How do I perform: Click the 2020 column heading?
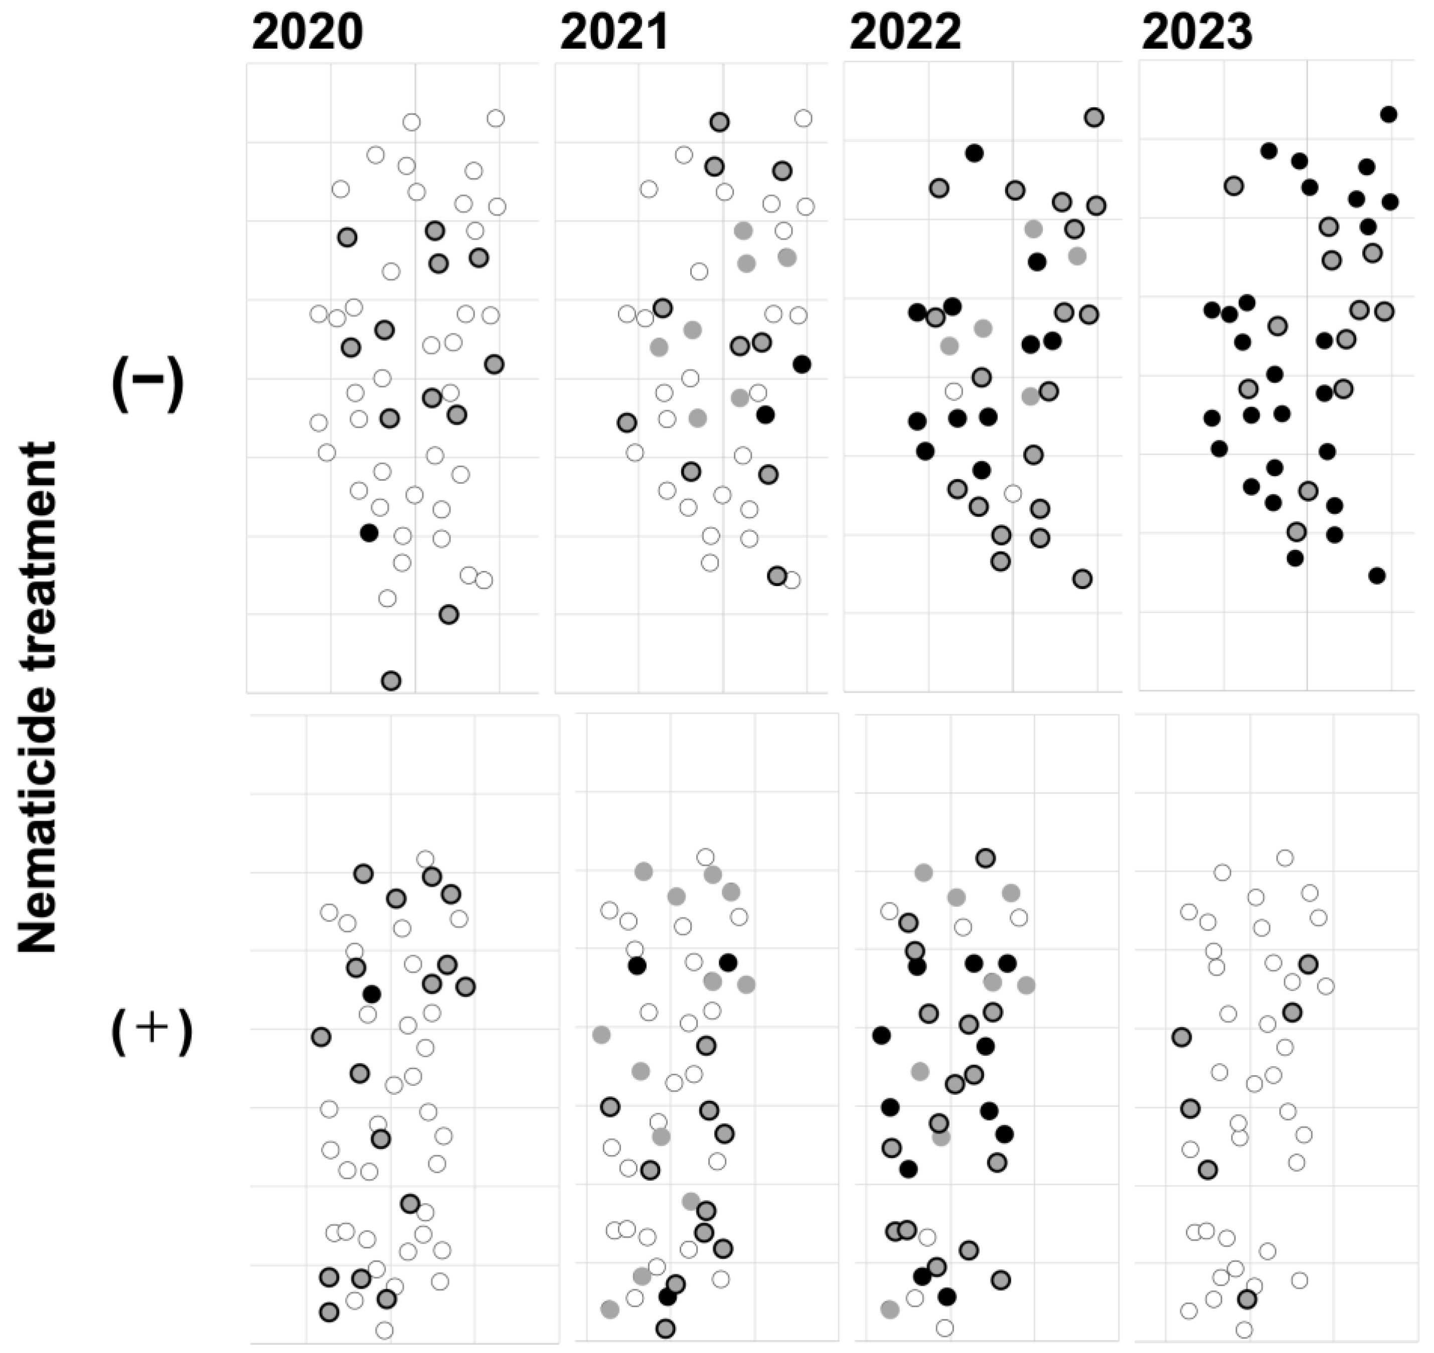[307, 33]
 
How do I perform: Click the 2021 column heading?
[614, 33]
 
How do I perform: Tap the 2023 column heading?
[1197, 33]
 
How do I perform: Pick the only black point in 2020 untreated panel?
[369, 533]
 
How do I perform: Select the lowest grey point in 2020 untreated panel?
[390, 680]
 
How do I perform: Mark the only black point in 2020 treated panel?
[372, 995]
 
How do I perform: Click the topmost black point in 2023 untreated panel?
[1388, 114]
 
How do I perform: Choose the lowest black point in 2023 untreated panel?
[1377, 575]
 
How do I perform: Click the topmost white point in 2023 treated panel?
[1285, 858]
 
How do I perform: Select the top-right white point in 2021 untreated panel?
[803, 118]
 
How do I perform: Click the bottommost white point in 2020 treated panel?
[385, 1330]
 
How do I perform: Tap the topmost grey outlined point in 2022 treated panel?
[986, 858]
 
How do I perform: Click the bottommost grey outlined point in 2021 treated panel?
[666, 1328]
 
